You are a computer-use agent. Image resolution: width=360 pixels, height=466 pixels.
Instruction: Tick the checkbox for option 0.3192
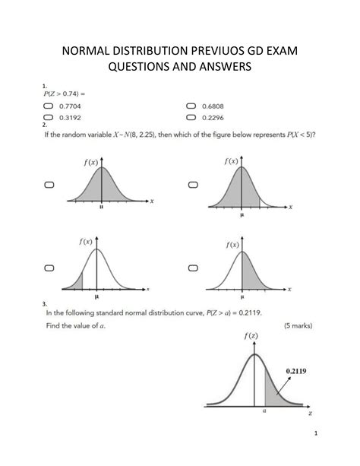(49, 118)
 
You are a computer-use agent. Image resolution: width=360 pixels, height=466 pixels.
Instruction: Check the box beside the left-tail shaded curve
(49, 268)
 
